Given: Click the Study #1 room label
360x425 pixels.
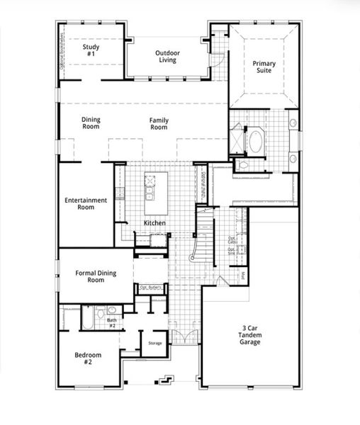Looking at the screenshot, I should [x=91, y=51].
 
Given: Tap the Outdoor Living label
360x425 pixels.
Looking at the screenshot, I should [x=168, y=56].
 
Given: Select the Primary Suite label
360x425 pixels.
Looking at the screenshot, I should [x=264, y=67].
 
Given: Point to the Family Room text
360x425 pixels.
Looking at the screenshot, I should [x=159, y=123].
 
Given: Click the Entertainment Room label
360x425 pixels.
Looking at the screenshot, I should [x=86, y=203].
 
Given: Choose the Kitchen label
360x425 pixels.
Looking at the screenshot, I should [x=154, y=223].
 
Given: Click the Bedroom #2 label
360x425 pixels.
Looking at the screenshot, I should [x=88, y=358].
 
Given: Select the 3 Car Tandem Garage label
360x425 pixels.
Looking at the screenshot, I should [x=249, y=334].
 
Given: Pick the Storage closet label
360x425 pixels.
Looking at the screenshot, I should [x=154, y=344].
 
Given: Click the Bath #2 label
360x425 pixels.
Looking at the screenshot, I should [x=112, y=322].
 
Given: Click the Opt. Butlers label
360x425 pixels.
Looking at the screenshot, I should [x=150, y=287].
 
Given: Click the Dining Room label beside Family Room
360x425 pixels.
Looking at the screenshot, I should [x=91, y=123].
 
